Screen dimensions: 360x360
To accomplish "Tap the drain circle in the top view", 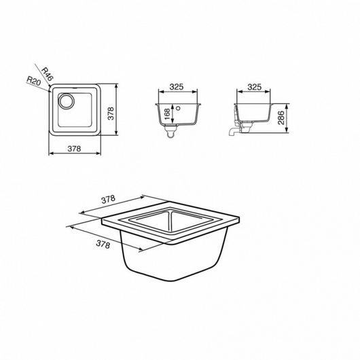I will [66, 103].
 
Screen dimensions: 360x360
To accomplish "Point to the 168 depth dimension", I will [168, 114].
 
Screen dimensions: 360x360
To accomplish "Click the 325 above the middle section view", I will [177, 88].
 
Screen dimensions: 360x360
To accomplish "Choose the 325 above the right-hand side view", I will [255, 88].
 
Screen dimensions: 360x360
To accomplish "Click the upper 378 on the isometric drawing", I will [107, 200].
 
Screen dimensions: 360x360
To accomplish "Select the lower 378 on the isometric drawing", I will [103, 243].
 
